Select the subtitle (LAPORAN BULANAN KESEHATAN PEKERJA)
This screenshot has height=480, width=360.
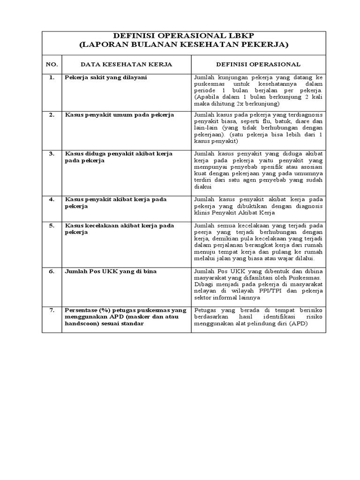(183, 45)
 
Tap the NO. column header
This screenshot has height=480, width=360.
(52, 64)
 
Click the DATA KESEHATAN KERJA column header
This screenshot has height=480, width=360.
(126, 64)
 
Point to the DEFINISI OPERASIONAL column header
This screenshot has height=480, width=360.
(258, 64)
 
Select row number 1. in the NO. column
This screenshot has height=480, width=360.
(52, 77)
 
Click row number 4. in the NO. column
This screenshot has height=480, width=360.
(52, 199)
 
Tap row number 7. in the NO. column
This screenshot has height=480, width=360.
(52, 310)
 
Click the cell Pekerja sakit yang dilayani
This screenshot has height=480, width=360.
(105, 77)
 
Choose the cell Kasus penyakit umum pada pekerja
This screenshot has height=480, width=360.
(119, 114)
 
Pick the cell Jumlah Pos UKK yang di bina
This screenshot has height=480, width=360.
(111, 271)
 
